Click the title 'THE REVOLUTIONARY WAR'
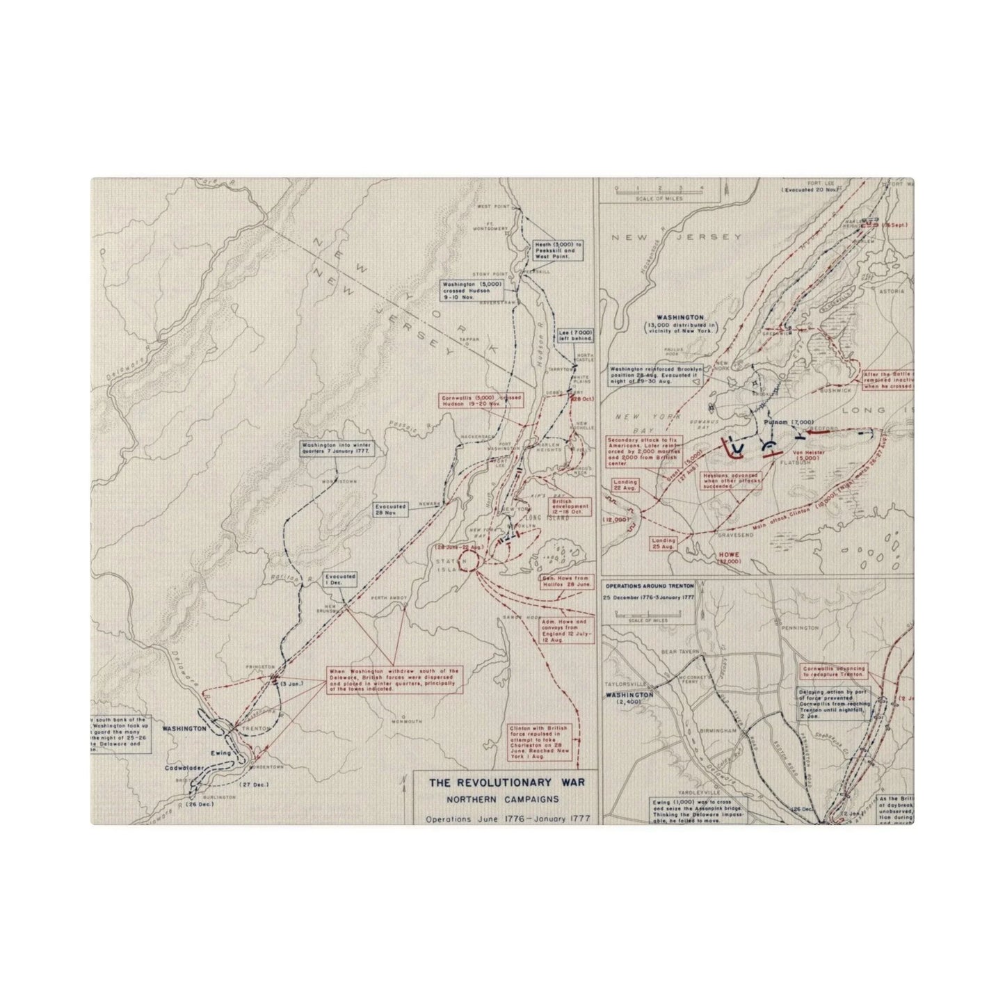(506, 782)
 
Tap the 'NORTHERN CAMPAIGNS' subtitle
(506, 800)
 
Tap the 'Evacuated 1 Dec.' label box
(340, 580)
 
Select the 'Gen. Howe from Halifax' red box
(565, 581)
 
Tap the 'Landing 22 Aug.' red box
(625, 486)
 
